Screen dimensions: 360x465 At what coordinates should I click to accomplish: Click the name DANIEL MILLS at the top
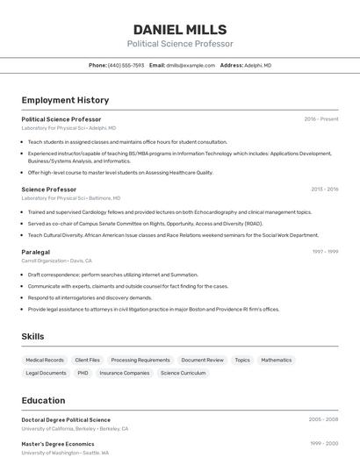(180, 29)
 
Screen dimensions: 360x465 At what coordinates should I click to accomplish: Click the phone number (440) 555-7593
(126, 65)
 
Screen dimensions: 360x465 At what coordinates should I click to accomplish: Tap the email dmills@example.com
(191, 65)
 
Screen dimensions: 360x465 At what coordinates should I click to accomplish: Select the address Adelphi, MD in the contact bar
(257, 65)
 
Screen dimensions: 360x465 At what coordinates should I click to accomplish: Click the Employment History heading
(65, 100)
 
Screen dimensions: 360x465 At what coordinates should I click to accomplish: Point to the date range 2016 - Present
(321, 119)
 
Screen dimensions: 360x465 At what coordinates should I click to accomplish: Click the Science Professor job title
(49, 190)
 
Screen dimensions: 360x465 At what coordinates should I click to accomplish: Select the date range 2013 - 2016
(324, 190)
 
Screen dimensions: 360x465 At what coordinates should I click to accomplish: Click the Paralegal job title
(36, 252)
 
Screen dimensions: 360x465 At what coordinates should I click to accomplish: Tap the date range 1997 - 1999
(325, 252)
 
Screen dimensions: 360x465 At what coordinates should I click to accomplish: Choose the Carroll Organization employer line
(56, 261)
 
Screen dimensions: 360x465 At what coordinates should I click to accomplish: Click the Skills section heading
(33, 337)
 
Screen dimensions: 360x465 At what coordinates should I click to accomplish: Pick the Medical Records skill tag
(45, 360)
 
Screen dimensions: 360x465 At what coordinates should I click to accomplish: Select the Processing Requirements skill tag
(140, 360)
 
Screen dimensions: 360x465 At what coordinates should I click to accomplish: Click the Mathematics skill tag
(276, 360)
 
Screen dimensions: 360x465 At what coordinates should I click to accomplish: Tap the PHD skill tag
(83, 373)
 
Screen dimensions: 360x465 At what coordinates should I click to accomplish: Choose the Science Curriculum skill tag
(183, 373)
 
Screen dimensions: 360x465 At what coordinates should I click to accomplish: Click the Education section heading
(44, 400)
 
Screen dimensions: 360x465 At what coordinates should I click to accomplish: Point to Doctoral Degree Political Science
(66, 420)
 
